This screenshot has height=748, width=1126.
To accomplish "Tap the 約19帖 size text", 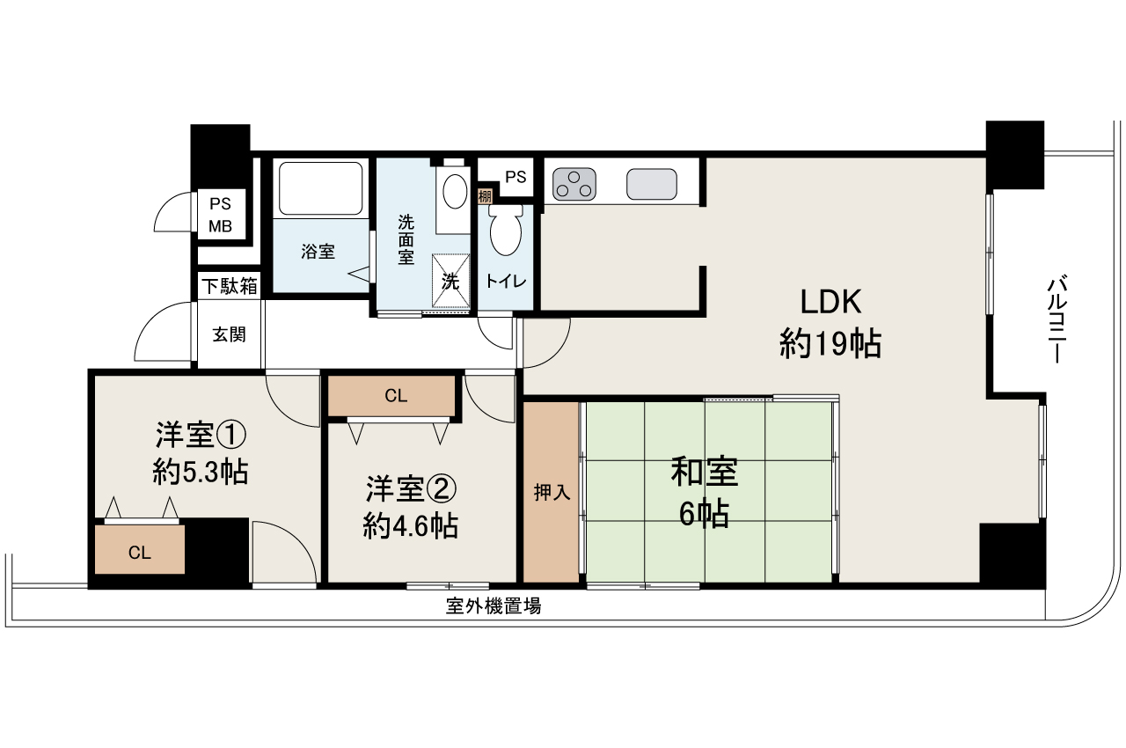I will pos(830,344).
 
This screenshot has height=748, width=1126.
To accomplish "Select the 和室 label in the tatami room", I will pos(704,473).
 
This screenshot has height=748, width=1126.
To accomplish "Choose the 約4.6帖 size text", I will pos(410,525).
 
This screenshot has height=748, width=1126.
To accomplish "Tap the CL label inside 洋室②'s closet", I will pos(396,396).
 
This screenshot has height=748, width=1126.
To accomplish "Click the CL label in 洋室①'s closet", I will pos(140,553).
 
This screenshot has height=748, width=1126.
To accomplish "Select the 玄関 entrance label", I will pos(229,334).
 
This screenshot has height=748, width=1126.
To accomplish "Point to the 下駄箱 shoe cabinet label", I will pos(230,286).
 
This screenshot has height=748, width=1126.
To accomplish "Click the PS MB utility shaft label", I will pos(220,216).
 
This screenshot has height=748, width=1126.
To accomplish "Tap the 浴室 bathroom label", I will pos(318,252).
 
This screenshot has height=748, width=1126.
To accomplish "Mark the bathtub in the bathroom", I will pos(321,187).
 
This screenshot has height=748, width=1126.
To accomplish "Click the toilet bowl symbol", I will pos(505,231).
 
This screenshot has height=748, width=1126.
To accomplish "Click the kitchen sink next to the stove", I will pos(652,184).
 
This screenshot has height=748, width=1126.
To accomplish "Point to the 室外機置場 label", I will pos(493,605).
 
